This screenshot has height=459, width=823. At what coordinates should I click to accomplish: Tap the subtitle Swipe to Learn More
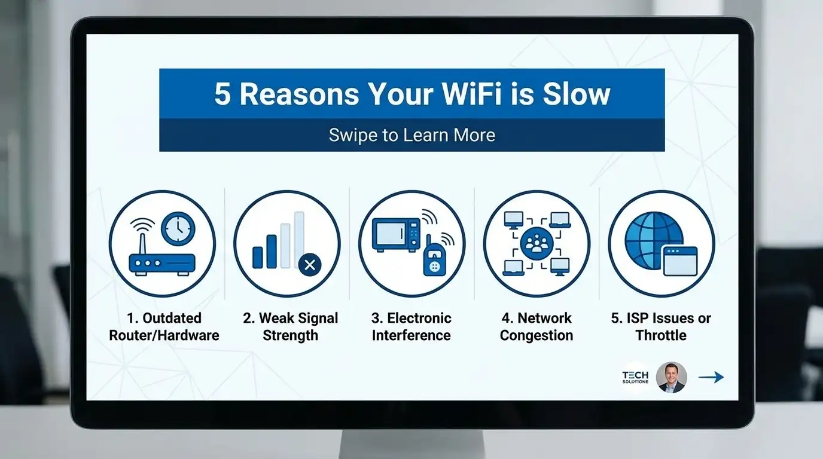pos(411,134)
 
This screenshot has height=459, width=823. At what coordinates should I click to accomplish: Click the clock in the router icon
pos(178,229)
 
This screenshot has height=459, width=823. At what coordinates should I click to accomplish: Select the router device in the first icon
pos(162,263)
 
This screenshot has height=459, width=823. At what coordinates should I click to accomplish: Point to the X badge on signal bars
pos(309,265)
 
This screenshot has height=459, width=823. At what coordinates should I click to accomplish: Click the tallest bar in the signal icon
pos(299,239)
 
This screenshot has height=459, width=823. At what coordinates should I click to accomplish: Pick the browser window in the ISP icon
pos(679,261)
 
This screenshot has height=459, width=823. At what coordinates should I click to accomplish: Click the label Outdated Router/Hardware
pos(164,327)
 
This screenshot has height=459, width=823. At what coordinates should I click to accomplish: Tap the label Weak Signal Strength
pos(290,327)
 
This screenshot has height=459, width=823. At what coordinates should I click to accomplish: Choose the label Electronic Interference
pos(411,327)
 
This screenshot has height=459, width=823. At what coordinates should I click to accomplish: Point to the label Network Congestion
pos(537,327)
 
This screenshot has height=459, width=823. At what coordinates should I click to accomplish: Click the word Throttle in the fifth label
pos(661,335)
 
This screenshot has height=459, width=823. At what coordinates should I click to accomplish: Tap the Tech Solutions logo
pos(635,377)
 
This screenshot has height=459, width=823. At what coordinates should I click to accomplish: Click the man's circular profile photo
pos(671,377)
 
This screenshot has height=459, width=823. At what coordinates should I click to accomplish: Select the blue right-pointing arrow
pos(711,377)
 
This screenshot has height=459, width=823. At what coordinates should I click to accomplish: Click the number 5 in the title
pos(222,94)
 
